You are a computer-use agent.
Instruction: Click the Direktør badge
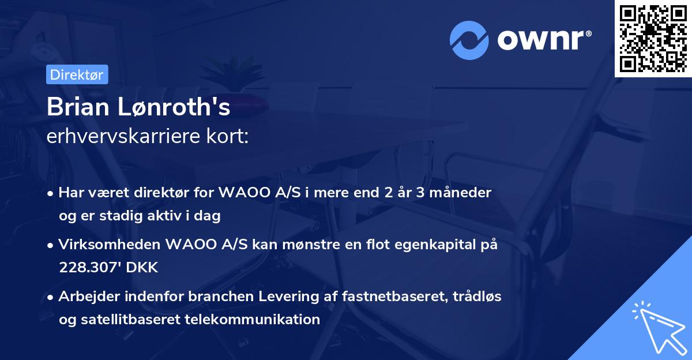76,74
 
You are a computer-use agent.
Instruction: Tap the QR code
653,39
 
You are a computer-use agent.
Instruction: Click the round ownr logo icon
469,40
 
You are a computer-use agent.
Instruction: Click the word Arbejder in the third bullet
86,297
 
